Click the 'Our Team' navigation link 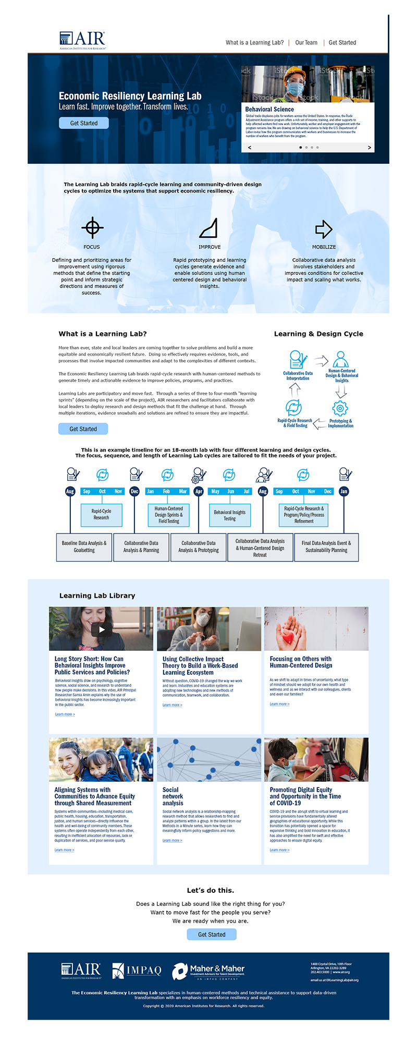(306, 43)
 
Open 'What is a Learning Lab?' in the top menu (254, 43)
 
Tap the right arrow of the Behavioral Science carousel (370, 148)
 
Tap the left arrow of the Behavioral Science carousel (250, 148)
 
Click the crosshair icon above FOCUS (92, 227)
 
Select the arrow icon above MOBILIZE (324, 228)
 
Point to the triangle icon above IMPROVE (208, 228)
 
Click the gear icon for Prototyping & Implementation (340, 408)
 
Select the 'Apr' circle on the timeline (199, 491)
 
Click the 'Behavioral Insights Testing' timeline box (229, 515)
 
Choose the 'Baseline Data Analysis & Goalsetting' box (84, 547)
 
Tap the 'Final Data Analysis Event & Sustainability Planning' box (326, 547)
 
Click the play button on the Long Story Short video (101, 629)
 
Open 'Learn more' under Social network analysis (172, 840)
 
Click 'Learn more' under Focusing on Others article (279, 704)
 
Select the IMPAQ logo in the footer (137, 970)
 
